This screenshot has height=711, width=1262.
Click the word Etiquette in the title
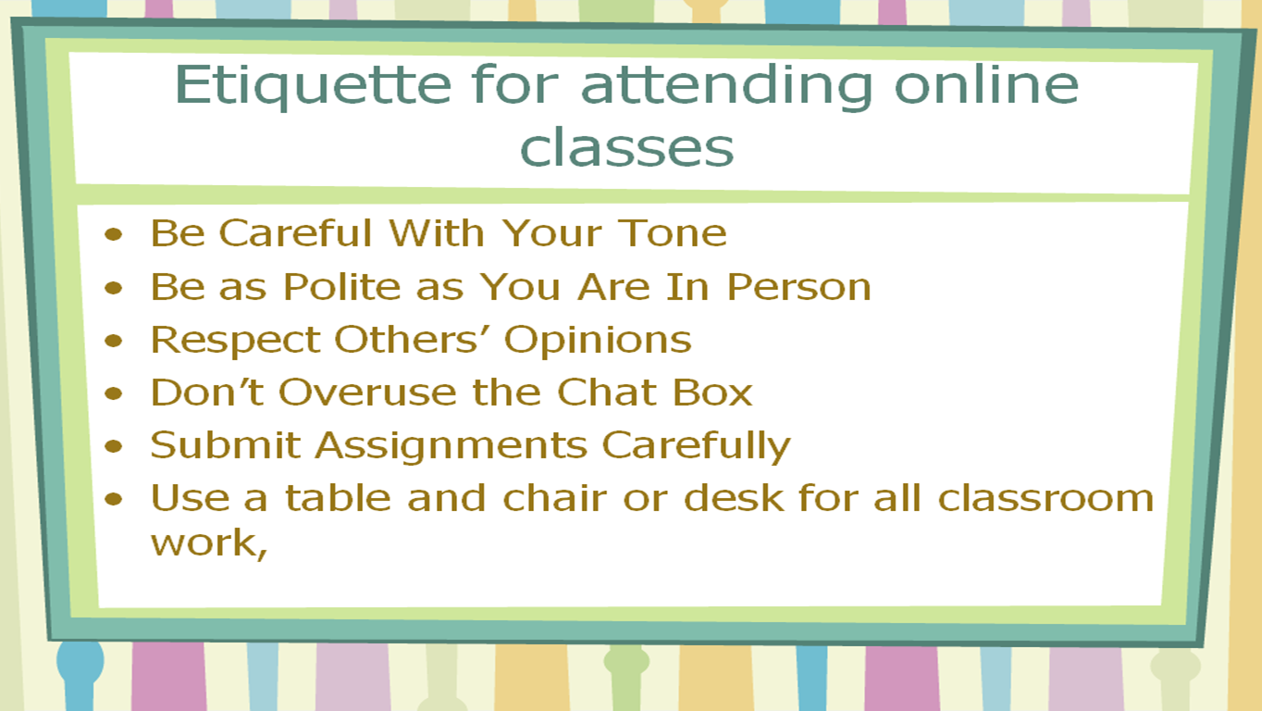pyautogui.click(x=314, y=86)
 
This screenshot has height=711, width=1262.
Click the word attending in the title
pyautogui.click(x=727, y=86)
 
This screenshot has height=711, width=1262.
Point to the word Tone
pyautogui.click(x=672, y=232)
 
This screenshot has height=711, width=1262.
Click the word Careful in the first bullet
pyautogui.click(x=295, y=232)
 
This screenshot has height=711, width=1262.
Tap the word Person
pyautogui.click(x=798, y=286)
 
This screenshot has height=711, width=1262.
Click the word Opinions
pyautogui.click(x=598, y=341)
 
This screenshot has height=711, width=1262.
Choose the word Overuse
pyautogui.click(x=367, y=392)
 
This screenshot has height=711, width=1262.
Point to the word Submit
pyautogui.click(x=226, y=445)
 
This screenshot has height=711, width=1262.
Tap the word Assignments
pyautogui.click(x=452, y=446)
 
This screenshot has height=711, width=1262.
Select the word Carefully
pyautogui.click(x=697, y=446)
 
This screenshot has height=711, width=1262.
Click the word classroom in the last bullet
pyautogui.click(x=1045, y=498)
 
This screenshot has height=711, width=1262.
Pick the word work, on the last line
pyautogui.click(x=208, y=543)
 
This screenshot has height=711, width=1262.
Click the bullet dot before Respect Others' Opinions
pyautogui.click(x=114, y=341)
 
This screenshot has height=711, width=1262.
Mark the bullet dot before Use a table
pyautogui.click(x=114, y=498)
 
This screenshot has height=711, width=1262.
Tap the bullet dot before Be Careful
pyautogui.click(x=114, y=233)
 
